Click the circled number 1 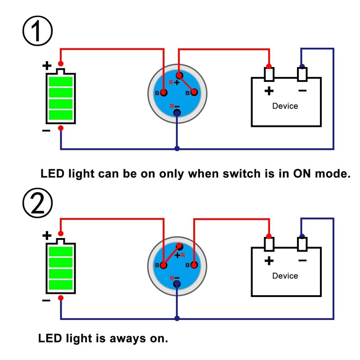tap(37, 31)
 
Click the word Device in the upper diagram tap(285, 106)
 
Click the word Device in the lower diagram tap(285, 275)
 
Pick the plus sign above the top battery tap(47, 66)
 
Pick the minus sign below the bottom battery tap(46, 301)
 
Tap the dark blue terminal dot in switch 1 tap(177, 112)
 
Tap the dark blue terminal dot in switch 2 tap(177, 283)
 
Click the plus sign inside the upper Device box tap(269, 91)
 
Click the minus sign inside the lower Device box tap(302, 261)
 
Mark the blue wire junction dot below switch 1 tap(177, 148)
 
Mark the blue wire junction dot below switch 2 tap(177, 319)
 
